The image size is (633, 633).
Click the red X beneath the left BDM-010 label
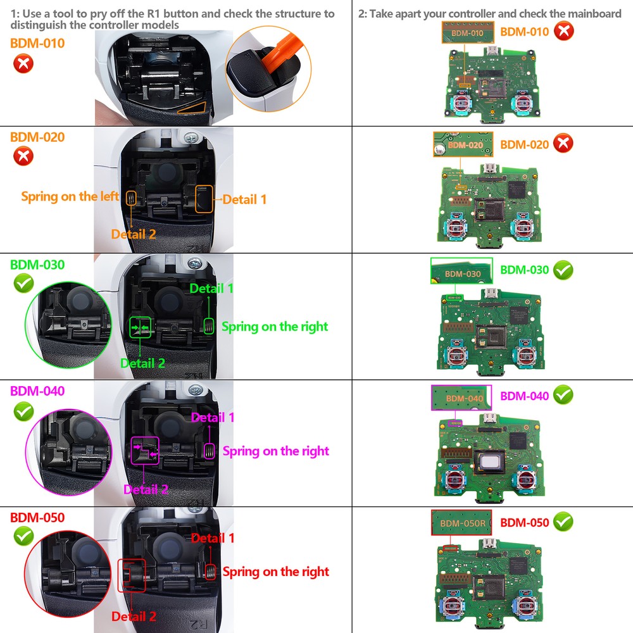pos(23,63)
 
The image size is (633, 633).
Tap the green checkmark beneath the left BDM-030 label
pos(23,284)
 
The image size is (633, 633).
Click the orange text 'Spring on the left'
pos(70,196)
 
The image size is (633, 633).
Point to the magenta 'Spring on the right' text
pos(275,451)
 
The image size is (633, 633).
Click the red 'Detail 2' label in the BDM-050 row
pos(134,616)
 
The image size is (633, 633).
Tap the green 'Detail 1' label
pos(211,288)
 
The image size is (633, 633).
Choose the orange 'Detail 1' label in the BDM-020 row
pos(244,199)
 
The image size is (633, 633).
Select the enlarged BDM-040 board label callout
pos(461,398)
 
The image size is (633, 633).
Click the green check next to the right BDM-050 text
pos(563,522)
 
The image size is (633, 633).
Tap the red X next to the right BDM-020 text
pos(563,144)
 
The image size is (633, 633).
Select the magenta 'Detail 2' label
pos(146,489)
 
